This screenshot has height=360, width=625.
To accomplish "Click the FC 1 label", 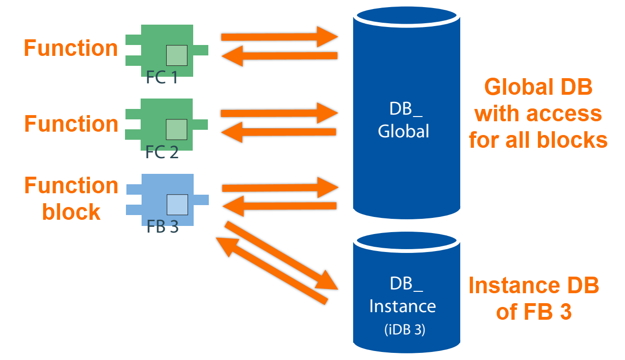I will click(162, 78).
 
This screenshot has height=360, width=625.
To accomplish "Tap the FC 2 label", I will click(162, 153).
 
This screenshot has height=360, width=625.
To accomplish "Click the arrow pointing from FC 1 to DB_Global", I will click(279, 37).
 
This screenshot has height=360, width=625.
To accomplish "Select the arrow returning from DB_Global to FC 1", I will click(279, 56).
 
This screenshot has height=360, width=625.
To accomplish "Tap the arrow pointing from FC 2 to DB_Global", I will click(279, 113).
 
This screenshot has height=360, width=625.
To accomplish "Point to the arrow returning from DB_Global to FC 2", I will click(279, 132).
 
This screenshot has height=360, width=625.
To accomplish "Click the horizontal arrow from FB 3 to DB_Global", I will click(279, 188).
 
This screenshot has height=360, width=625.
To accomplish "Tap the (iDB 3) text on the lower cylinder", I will click(404, 330).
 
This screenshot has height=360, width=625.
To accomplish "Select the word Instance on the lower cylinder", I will click(402, 306).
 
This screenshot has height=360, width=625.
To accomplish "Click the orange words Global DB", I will click(538, 88).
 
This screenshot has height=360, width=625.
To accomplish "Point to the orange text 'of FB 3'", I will click(534, 312).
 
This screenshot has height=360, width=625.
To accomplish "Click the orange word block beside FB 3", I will click(71, 212).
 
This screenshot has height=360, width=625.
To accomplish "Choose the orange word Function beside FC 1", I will click(71, 48).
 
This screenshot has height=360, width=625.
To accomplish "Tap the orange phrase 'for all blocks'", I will click(538, 140).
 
